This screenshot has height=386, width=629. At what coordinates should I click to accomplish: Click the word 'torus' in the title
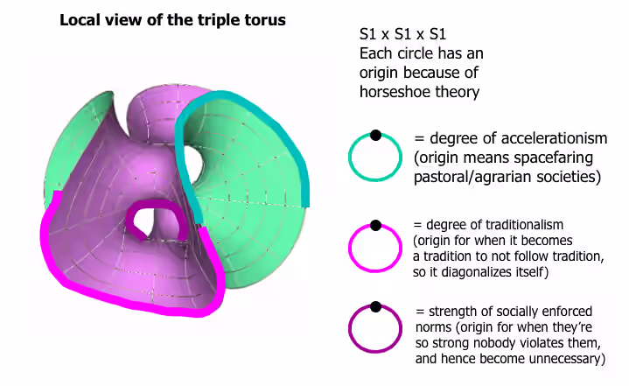click(x=265, y=19)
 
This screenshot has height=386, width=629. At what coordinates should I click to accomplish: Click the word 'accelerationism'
click(x=519, y=138)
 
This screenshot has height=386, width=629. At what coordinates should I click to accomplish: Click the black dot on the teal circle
click(x=375, y=135)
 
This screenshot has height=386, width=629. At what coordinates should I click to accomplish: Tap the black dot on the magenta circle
click(x=375, y=226)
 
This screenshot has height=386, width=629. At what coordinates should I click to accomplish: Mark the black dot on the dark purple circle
click(x=375, y=307)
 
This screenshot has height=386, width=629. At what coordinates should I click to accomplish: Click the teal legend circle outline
click(x=349, y=158)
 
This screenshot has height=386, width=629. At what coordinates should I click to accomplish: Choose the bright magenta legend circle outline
click(x=349, y=249)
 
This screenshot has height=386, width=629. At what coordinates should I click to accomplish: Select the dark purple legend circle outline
click(x=349, y=329)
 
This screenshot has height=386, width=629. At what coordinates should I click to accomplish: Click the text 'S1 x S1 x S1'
click(x=402, y=34)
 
